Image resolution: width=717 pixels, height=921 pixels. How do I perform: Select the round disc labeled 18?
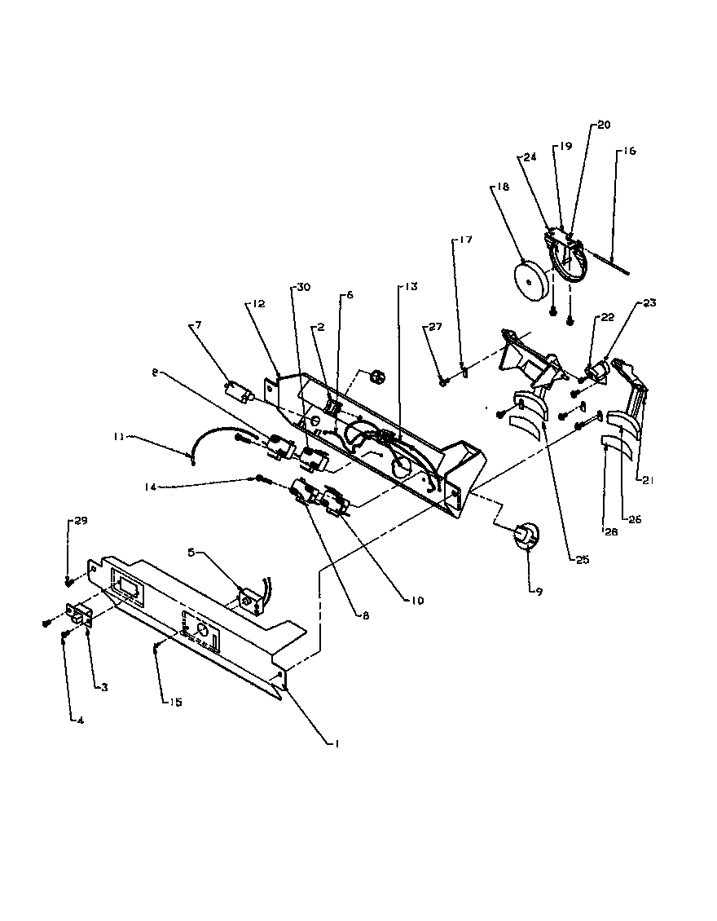pyautogui.click(x=531, y=282)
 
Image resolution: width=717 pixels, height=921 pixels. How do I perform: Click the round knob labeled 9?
pyautogui.click(x=526, y=535)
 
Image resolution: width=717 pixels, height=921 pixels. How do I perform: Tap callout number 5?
pyautogui.click(x=191, y=552)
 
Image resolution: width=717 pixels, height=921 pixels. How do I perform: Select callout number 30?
pyautogui.click(x=302, y=287)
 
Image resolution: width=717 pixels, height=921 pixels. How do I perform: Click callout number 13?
pyautogui.click(x=408, y=287)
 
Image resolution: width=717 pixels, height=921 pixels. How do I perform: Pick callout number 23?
pyautogui.click(x=649, y=302)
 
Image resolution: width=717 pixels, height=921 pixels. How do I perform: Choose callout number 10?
pyautogui.click(x=416, y=601)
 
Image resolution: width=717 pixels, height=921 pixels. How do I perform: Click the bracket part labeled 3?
pyautogui.click(x=79, y=616)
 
